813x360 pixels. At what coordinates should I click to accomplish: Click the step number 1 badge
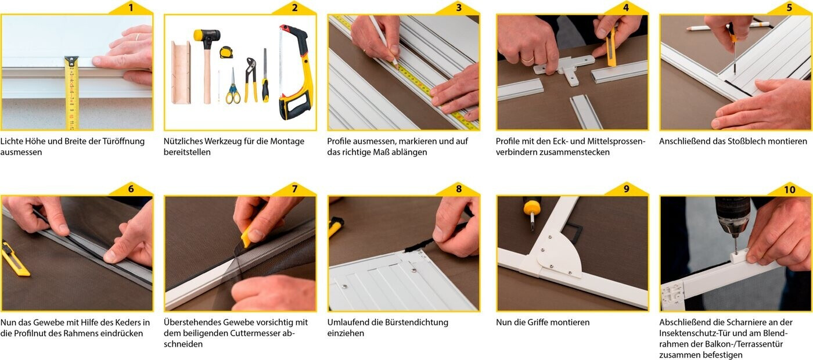click(131, 8)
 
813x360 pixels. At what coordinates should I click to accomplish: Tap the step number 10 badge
click(790, 189)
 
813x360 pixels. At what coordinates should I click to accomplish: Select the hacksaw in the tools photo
click(294, 72)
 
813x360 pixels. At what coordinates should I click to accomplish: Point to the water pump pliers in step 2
click(250, 80)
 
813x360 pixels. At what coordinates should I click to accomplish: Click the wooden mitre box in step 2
click(181, 72)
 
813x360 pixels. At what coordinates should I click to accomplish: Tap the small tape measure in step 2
click(226, 52)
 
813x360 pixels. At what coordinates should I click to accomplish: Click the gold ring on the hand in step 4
click(527, 59)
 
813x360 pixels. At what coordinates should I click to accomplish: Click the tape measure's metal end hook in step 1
click(71, 60)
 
